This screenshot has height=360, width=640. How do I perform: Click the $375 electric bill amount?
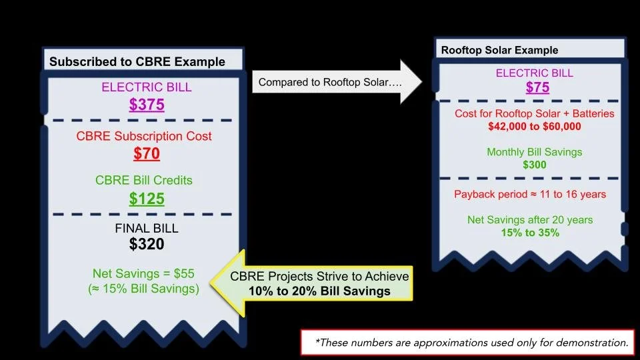click(x=147, y=105)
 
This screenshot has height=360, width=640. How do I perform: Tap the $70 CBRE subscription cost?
click(x=147, y=154)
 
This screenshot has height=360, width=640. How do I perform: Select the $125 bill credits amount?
click(x=147, y=199)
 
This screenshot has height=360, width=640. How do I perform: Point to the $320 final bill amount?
click(x=147, y=244)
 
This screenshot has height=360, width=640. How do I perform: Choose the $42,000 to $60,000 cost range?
click(x=535, y=127)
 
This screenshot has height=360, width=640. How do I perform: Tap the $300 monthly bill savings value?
click(x=534, y=164)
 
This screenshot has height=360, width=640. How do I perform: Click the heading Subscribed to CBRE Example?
click(x=137, y=62)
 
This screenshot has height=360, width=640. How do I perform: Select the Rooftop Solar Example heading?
click(x=500, y=50)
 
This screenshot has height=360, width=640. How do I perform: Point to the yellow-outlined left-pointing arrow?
click(x=311, y=283)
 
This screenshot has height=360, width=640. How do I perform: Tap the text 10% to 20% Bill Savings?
click(x=319, y=291)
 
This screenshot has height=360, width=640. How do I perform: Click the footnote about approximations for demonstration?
click(x=472, y=343)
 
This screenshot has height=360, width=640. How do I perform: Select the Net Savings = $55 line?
click(x=144, y=274)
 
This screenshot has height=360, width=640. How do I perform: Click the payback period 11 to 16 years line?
click(x=530, y=195)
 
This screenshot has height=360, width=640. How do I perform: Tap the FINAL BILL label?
click(x=147, y=228)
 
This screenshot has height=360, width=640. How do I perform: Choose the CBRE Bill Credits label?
click(x=144, y=181)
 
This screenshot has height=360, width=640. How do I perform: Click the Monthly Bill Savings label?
click(x=534, y=152)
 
